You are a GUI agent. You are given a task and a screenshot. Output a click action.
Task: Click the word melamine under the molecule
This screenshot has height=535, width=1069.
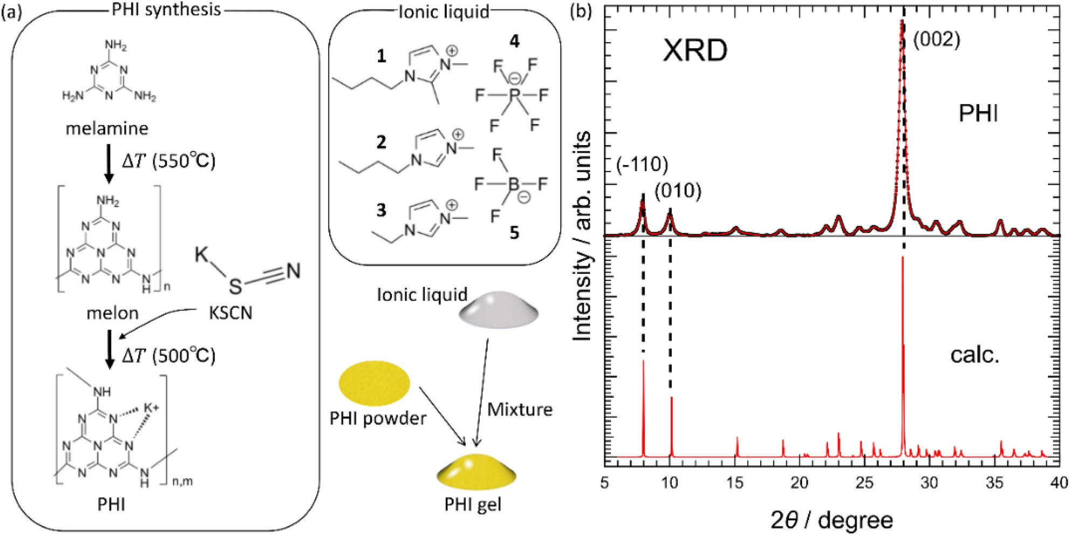pyautogui.click(x=107, y=128)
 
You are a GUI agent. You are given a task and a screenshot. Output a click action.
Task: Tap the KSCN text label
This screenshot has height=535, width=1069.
pyautogui.click(x=231, y=312)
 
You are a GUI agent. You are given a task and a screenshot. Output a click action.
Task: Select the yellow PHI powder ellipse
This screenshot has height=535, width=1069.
pyautogui.click(x=374, y=383)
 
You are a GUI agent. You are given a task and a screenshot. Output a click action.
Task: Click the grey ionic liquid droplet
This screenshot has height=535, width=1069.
pyautogui.click(x=498, y=310)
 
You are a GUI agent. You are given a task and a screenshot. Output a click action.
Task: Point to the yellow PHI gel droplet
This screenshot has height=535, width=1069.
pyautogui.click(x=476, y=472)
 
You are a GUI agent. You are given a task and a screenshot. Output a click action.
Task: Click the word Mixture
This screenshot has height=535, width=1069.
pyautogui.click(x=520, y=409)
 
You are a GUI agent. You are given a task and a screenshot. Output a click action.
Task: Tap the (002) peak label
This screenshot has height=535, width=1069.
pyautogui.click(x=937, y=39)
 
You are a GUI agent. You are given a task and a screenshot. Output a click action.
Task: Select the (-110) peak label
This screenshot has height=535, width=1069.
pyautogui.click(x=642, y=165)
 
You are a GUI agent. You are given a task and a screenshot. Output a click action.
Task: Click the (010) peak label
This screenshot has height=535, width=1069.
pyautogui.click(x=678, y=191)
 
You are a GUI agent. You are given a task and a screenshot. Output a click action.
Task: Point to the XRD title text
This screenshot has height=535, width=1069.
pyautogui.click(x=695, y=51)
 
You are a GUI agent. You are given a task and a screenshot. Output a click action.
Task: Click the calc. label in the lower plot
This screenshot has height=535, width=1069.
pyautogui.click(x=975, y=355)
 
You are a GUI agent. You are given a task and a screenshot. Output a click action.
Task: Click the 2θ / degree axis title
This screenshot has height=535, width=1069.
pyautogui.click(x=832, y=520)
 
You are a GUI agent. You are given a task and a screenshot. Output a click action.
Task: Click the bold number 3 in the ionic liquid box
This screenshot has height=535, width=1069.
pyautogui.click(x=381, y=210)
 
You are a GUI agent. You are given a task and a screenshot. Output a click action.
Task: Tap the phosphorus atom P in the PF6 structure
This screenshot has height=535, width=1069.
pyautogui.click(x=514, y=95)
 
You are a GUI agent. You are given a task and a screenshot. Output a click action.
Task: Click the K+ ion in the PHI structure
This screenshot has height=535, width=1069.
pyautogui.click(x=151, y=408)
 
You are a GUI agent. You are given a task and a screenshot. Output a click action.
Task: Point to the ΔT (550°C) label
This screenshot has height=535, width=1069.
pyautogui.click(x=169, y=161)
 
